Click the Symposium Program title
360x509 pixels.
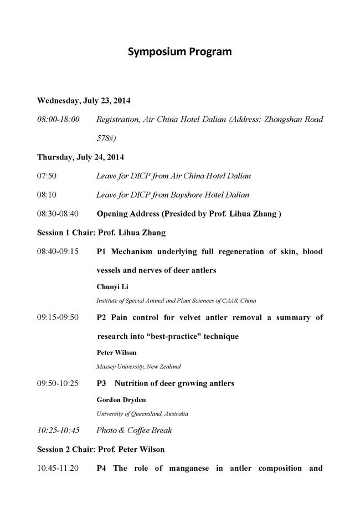pos(179,52)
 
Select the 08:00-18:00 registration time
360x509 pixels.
pos(58,119)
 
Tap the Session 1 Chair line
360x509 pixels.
pos(101,232)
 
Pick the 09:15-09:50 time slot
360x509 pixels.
pos(58,317)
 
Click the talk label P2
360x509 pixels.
pos(101,317)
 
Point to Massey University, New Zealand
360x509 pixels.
pos(138,366)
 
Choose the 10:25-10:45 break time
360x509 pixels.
pos(58,430)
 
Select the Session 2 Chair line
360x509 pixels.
pos(101,449)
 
